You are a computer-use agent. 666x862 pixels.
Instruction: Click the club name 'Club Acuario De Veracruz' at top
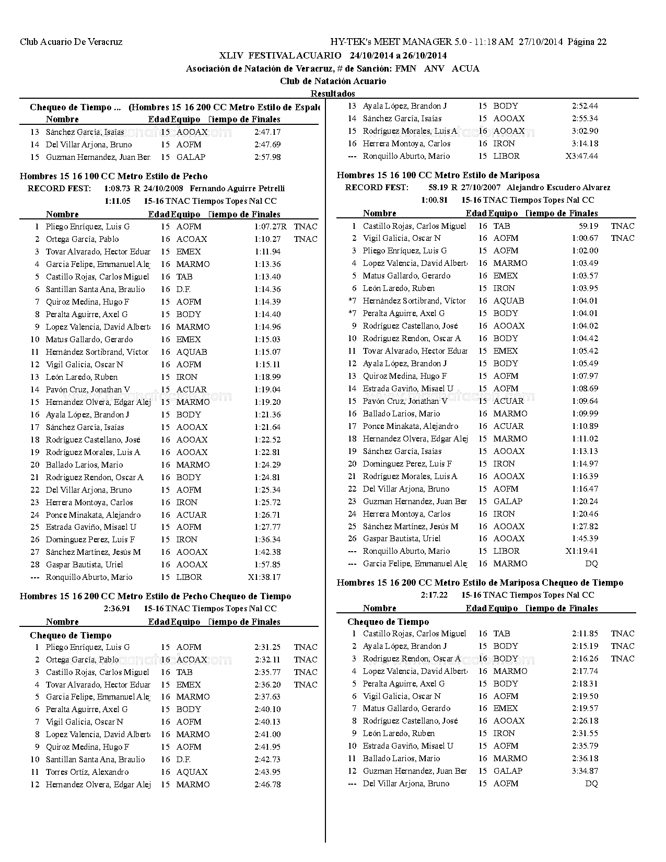[71, 42]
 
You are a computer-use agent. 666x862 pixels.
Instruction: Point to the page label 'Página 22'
[587, 42]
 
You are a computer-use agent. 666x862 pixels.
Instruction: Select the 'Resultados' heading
[333, 94]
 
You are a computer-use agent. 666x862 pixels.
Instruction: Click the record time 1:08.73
[117, 189]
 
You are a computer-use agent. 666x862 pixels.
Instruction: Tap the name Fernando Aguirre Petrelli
[237, 189]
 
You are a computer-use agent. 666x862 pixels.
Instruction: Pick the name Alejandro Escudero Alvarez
[558, 188]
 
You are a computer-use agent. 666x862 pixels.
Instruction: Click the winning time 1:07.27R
[270, 227]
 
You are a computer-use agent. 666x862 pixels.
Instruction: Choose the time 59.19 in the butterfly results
[588, 226]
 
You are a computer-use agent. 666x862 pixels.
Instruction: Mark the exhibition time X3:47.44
[581, 156]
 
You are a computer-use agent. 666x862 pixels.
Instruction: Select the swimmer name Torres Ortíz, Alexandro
[87, 772]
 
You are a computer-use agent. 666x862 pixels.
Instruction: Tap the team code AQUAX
[192, 772]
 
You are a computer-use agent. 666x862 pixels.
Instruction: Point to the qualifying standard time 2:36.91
[117, 609]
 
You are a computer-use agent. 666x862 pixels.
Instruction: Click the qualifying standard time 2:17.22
[434, 595]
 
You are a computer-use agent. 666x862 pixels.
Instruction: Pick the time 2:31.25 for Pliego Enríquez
[267, 647]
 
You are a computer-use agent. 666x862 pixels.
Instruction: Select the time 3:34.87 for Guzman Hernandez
[585, 771]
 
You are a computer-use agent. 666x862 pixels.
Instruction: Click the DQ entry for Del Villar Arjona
[591, 784]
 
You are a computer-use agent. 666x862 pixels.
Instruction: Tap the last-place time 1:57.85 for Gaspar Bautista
[267, 565]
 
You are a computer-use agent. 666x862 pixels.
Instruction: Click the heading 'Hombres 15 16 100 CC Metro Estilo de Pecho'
[113, 177]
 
